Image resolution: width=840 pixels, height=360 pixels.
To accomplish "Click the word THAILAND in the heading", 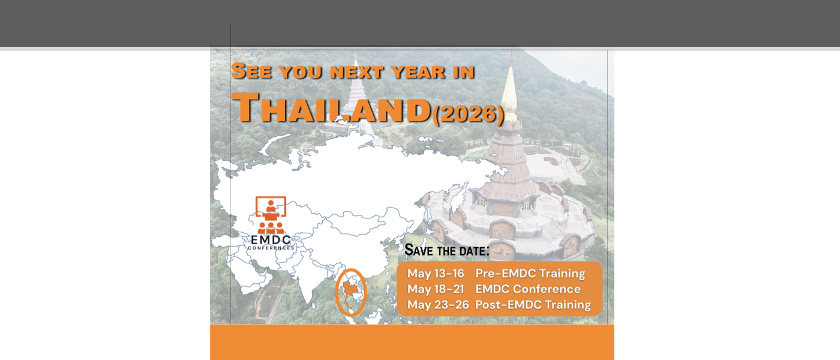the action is (331, 109).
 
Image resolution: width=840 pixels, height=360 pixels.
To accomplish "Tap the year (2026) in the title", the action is (468, 113).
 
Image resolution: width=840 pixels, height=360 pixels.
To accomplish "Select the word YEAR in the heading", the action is (418, 72).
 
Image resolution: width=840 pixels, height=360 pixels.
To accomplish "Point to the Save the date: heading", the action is (446, 250).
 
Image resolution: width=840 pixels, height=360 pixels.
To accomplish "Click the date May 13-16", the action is (436, 274).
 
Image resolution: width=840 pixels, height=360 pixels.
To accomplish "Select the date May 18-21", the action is (436, 289).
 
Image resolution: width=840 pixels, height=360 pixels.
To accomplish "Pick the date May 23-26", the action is (438, 305).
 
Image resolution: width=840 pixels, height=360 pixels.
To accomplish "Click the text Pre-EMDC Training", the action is (530, 274).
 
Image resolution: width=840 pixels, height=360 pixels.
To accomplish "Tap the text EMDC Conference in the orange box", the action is (528, 289).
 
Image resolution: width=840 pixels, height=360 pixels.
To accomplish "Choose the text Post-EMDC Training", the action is (533, 305).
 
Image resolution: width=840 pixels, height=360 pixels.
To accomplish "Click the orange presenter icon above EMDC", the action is (271, 215).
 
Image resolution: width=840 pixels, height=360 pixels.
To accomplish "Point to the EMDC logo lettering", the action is (271, 240).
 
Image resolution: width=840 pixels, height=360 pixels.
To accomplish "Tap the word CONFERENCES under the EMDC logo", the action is (271, 248).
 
